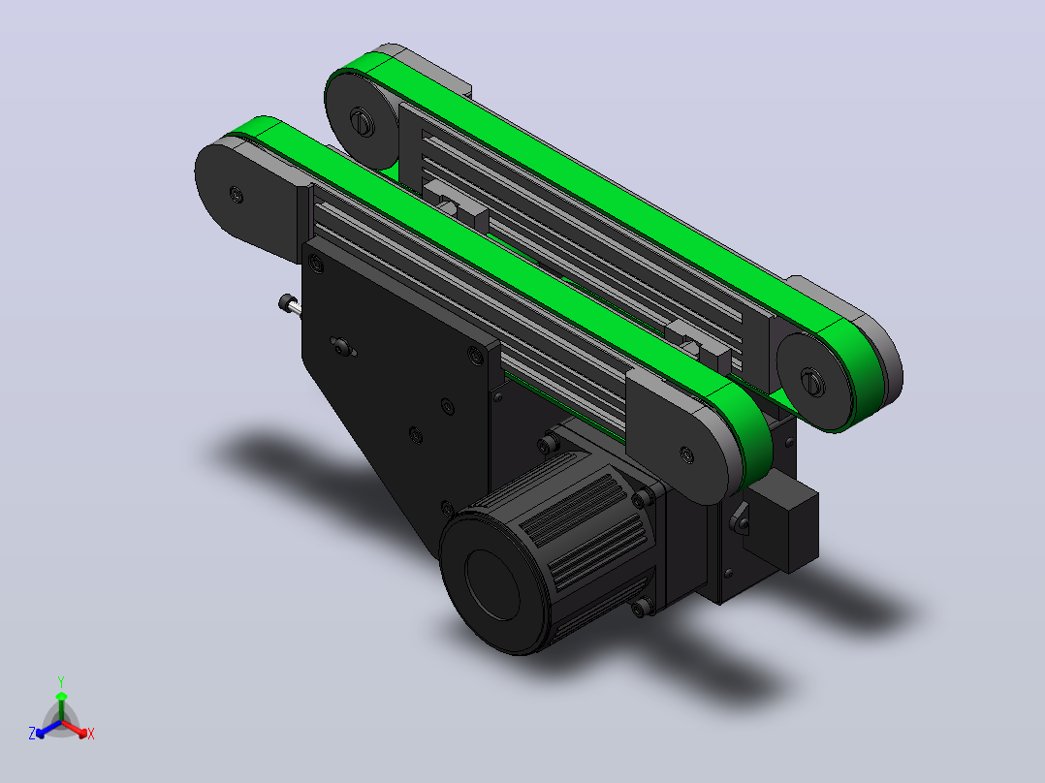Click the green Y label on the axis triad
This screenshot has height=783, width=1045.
(61, 681)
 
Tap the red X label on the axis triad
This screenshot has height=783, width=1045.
(91, 734)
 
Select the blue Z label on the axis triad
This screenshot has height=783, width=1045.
(32, 733)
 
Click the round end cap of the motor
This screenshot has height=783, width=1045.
(491, 584)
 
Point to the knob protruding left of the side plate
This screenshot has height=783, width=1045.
(289, 304)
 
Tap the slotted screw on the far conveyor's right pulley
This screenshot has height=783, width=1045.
(811, 382)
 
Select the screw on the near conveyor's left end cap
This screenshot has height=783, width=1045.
(236, 195)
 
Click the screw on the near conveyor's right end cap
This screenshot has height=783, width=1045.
(687, 455)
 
